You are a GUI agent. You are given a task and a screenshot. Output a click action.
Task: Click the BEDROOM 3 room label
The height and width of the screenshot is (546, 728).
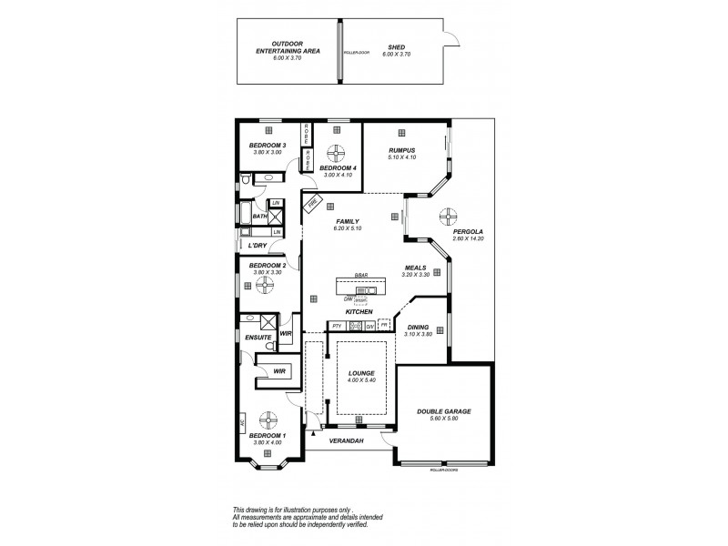[268, 146]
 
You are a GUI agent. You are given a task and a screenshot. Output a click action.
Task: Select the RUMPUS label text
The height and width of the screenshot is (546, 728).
[401, 150]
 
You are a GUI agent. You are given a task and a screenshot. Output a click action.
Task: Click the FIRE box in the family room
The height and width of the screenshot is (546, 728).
[310, 207]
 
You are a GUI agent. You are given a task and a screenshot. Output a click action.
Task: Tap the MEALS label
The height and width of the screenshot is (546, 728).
[416, 268]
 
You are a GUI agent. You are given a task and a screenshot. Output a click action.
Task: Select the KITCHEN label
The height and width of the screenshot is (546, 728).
[359, 312]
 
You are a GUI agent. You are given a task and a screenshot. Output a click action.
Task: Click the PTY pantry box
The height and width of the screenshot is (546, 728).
[336, 326]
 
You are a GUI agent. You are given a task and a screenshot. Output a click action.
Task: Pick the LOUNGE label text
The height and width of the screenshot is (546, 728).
[361, 372]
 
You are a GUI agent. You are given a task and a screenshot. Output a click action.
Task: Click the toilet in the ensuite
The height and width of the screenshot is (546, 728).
[247, 318]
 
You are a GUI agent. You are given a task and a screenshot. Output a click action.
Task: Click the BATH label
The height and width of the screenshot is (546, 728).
[260, 217]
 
